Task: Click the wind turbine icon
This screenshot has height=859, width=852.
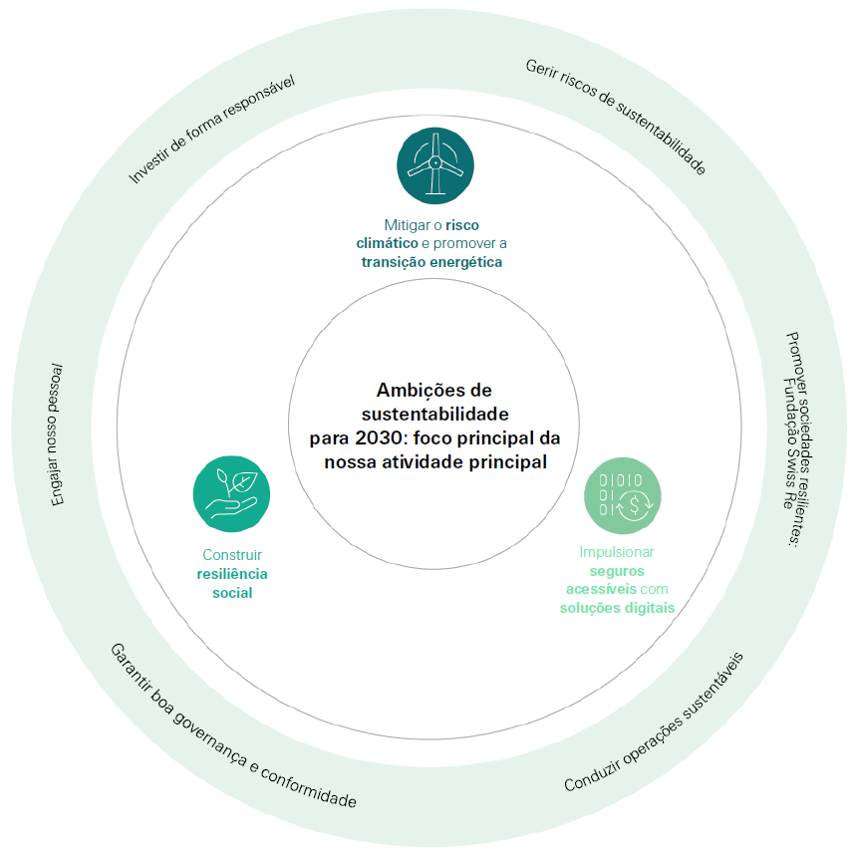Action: tap(435, 164)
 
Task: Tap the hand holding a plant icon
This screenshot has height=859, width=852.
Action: tap(231, 494)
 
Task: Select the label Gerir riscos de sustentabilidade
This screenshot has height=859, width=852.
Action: tap(615, 118)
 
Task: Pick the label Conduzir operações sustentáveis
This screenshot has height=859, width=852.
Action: tap(654, 722)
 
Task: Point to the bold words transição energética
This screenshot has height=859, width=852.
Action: tap(431, 262)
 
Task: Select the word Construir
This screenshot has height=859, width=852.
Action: tap(232, 555)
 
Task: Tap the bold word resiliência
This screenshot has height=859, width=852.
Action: tap(232, 574)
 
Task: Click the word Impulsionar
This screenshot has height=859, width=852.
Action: tap(617, 551)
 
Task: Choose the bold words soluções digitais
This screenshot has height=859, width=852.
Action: tap(617, 608)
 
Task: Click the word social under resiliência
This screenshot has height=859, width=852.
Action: tap(232, 593)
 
